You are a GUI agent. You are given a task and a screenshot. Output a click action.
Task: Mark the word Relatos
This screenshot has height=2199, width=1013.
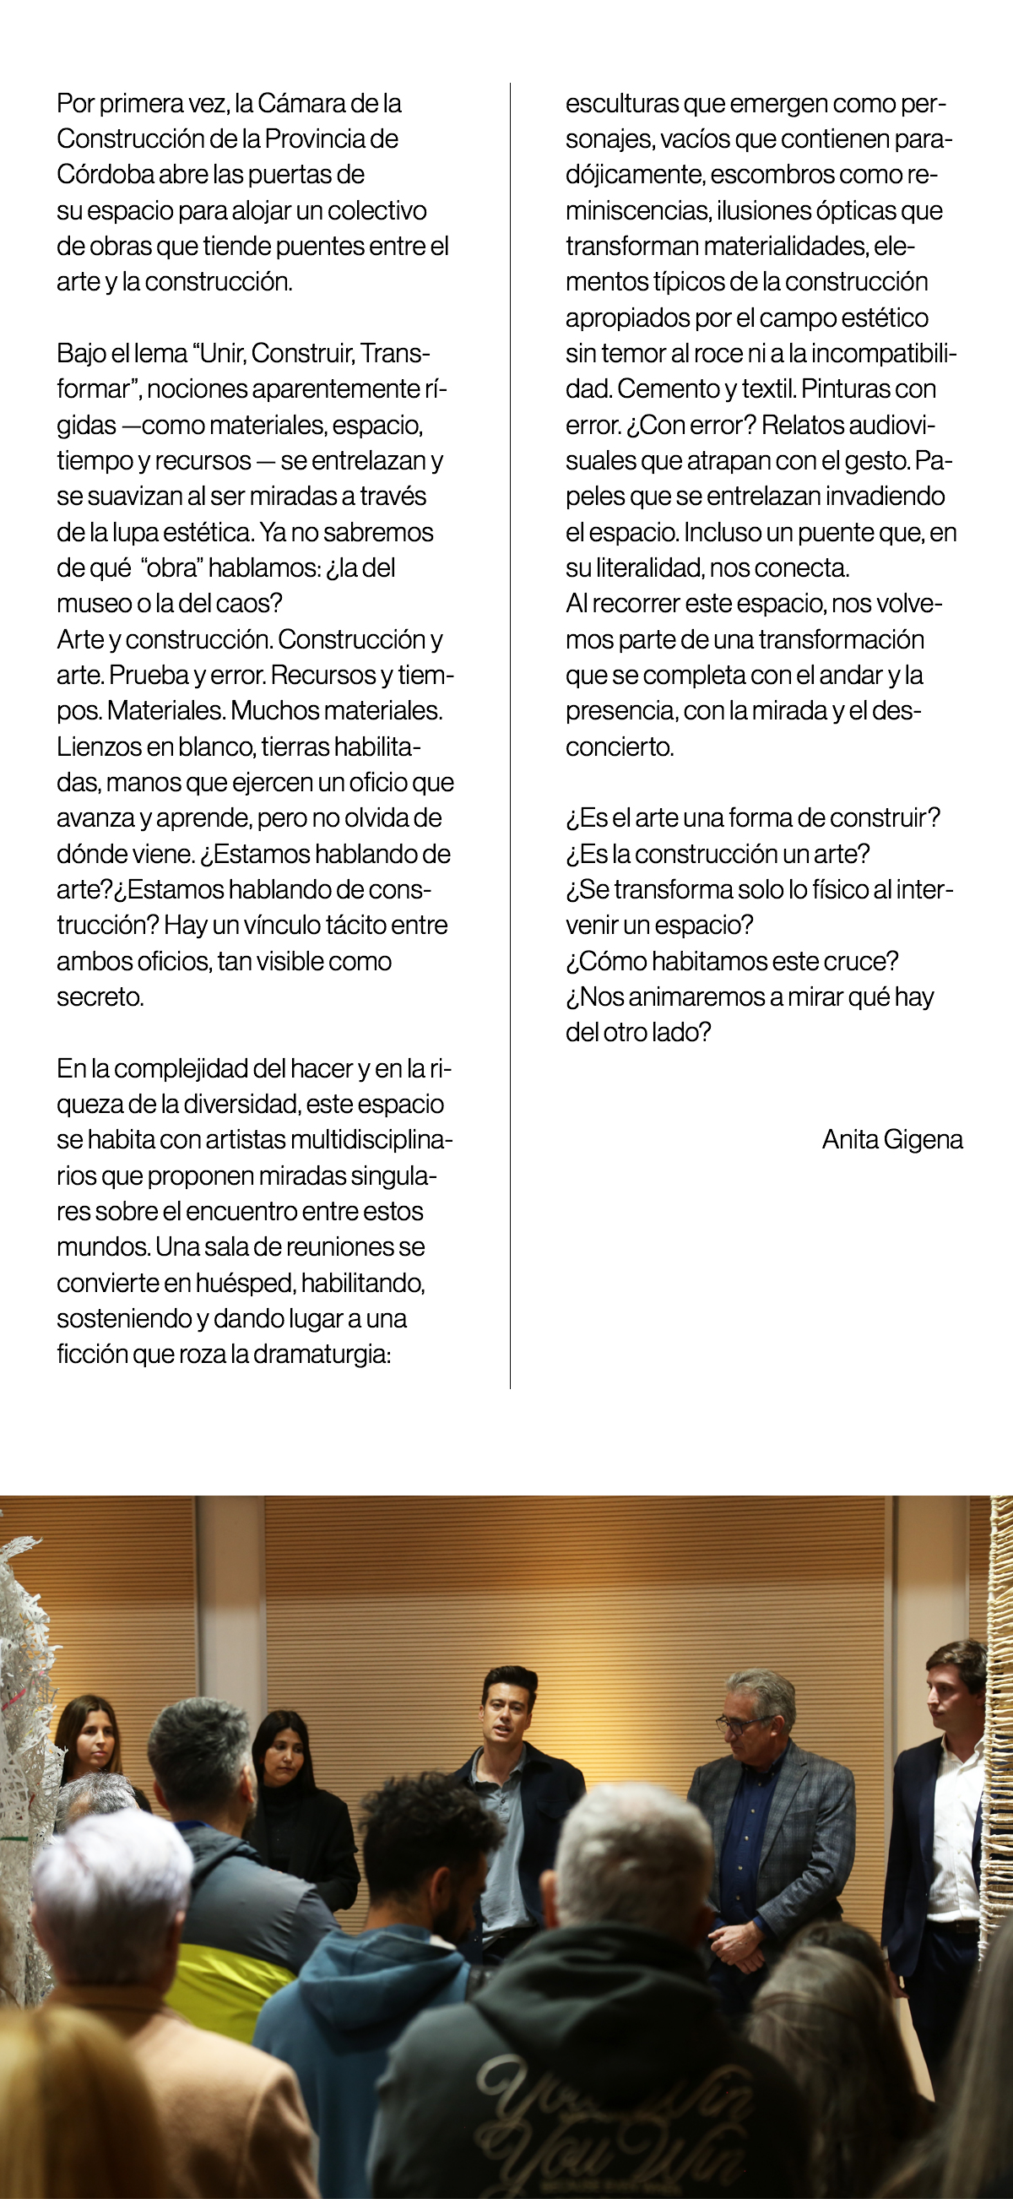pyautogui.click(x=805, y=425)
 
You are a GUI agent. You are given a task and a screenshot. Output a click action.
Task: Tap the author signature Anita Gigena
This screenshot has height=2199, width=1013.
pyautogui.click(x=891, y=1140)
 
